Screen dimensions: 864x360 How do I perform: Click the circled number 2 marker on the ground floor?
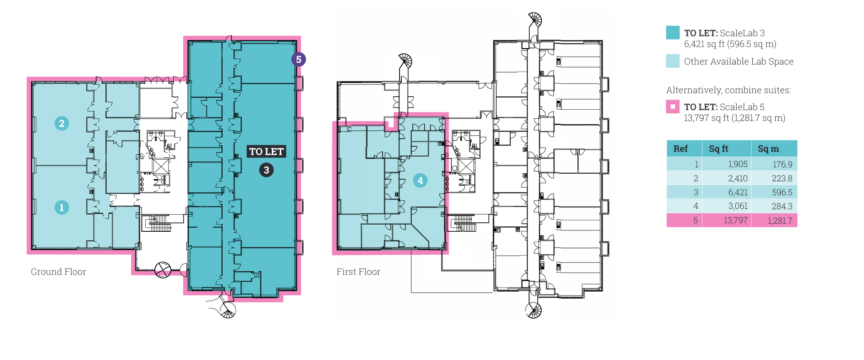point(62,123)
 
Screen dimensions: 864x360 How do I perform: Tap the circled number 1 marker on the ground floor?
point(62,207)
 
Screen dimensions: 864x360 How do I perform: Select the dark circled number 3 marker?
point(266,170)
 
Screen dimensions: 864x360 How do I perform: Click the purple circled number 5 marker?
point(298,59)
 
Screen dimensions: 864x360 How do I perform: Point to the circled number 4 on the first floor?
point(420,180)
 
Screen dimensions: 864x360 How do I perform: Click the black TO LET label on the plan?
point(266,152)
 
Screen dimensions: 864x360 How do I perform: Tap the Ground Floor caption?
point(58,272)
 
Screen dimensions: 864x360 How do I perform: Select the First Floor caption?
point(358,272)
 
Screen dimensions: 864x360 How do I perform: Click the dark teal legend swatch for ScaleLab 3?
point(673,32)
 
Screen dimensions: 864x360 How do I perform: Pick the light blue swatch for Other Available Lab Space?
point(673,61)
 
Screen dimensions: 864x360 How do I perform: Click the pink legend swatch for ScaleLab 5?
point(673,107)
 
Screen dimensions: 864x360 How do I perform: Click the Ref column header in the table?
point(680,148)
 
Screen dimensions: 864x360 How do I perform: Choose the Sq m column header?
point(768,148)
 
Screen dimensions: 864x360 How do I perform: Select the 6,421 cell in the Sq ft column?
point(738,193)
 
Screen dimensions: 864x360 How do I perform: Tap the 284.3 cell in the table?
point(782,207)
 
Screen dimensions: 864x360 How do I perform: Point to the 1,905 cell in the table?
point(738,165)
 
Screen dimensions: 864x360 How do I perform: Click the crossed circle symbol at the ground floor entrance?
point(162,270)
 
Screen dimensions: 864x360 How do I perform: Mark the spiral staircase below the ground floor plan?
point(228,310)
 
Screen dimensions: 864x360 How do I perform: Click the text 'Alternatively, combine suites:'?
point(728,90)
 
